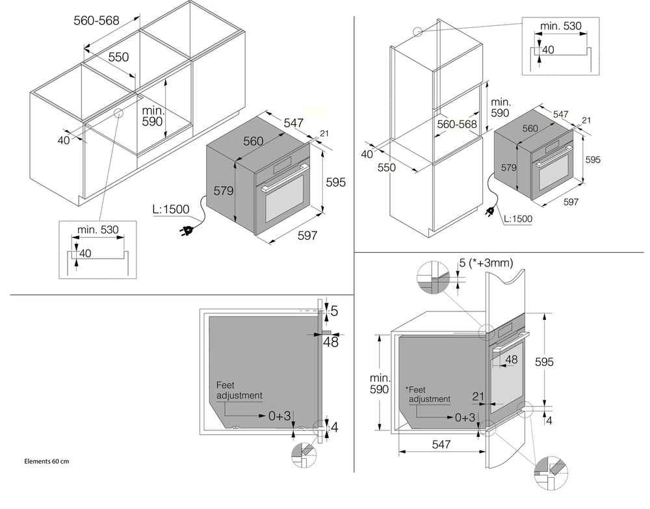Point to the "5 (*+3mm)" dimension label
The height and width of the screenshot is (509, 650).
tap(486, 263)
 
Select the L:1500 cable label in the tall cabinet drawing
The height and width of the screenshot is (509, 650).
tap(517, 219)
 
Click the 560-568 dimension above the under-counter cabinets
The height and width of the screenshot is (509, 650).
tap(96, 21)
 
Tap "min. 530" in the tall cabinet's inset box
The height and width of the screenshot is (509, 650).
tap(560, 26)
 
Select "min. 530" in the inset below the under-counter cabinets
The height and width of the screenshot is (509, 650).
tap(98, 230)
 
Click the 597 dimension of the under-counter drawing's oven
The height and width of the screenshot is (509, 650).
tap(306, 235)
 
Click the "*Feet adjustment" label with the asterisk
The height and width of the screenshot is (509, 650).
tap(427, 394)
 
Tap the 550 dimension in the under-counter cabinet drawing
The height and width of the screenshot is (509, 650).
tap(118, 57)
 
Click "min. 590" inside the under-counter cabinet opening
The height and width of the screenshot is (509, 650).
tap(154, 116)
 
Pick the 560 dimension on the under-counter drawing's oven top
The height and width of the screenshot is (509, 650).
tap(253, 141)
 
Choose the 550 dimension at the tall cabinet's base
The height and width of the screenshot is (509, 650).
tap(387, 167)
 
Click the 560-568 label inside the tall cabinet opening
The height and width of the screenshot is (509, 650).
tap(457, 124)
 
